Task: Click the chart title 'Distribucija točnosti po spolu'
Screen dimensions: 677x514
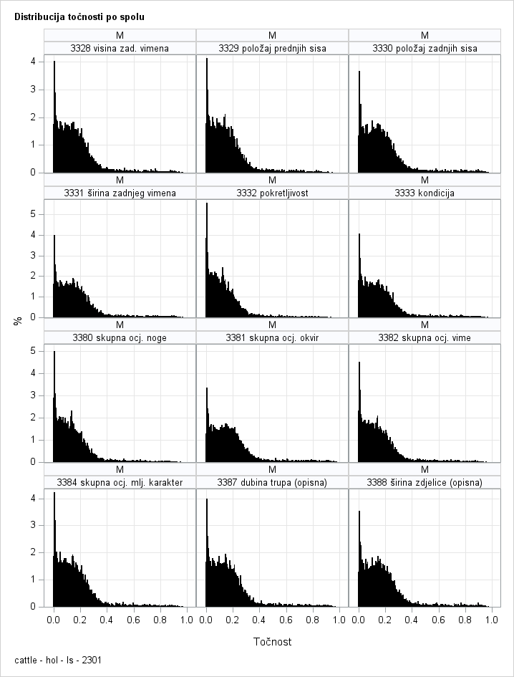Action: [x=79, y=16]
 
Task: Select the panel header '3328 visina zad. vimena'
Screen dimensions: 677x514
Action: [x=120, y=48]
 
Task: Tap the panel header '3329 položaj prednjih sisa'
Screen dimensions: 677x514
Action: [x=272, y=48]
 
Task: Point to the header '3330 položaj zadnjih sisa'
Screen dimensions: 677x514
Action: [x=425, y=48]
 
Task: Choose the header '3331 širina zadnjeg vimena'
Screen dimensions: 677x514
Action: [x=120, y=193]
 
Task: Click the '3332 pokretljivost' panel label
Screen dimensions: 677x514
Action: [x=272, y=193]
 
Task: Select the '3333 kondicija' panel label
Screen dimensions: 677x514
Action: [x=425, y=193]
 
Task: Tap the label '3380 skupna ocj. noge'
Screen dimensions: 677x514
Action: [x=120, y=337]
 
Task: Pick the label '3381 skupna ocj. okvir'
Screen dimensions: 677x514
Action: [x=272, y=337]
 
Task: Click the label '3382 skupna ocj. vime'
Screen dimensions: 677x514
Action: [x=425, y=337]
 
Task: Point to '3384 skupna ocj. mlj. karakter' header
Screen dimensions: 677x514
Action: [x=120, y=482]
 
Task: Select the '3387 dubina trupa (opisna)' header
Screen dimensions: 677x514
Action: [x=272, y=482]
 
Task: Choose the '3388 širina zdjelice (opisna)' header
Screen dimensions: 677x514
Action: [x=425, y=482]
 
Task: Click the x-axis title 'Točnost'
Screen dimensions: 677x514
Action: [x=272, y=641]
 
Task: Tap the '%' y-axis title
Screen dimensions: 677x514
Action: [x=18, y=320]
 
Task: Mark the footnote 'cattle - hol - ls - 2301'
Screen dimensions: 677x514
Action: [x=57, y=660]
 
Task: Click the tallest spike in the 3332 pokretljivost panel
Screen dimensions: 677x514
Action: [x=207, y=204]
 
